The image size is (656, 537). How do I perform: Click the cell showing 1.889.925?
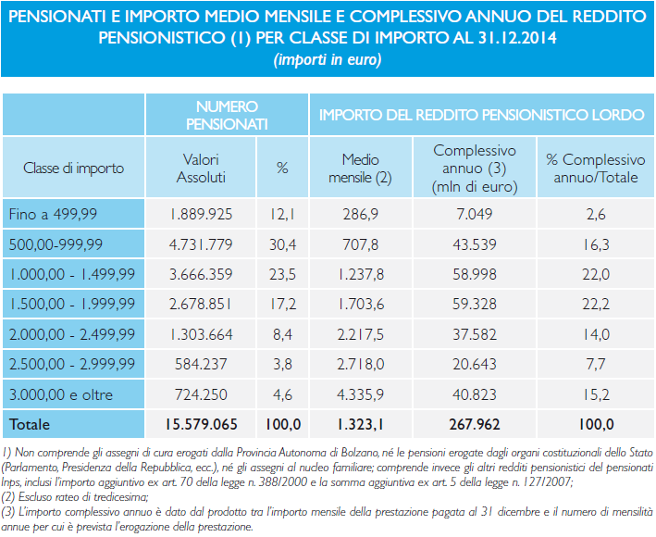tap(201, 214)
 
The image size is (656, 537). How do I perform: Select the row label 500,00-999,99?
tap(56, 244)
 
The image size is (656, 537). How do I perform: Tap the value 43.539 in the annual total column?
tap(475, 244)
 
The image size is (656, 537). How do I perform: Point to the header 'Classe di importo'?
tap(74, 169)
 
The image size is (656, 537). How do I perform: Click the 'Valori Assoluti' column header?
tap(201, 169)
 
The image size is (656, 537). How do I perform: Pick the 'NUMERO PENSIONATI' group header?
tap(227, 115)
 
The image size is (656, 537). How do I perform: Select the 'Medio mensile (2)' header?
tap(360, 169)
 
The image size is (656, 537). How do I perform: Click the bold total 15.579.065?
tap(201, 424)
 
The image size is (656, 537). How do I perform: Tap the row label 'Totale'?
tap(30, 424)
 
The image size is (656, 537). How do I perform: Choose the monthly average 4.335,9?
tap(360, 394)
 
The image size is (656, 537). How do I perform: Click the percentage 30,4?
tap(282, 244)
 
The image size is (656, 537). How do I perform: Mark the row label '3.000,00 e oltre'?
tap(61, 394)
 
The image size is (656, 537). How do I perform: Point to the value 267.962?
tap(475, 424)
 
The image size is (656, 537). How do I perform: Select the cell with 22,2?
tap(596, 304)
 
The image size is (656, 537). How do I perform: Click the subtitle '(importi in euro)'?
tap(328, 59)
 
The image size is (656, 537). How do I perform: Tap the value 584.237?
tap(201, 364)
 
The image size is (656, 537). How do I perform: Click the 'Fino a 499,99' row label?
tap(53, 214)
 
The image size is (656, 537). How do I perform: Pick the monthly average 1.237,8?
tap(360, 275)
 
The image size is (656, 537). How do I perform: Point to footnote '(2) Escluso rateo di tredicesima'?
tap(74, 497)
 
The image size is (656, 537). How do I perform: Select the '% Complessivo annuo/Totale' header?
tap(596, 169)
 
